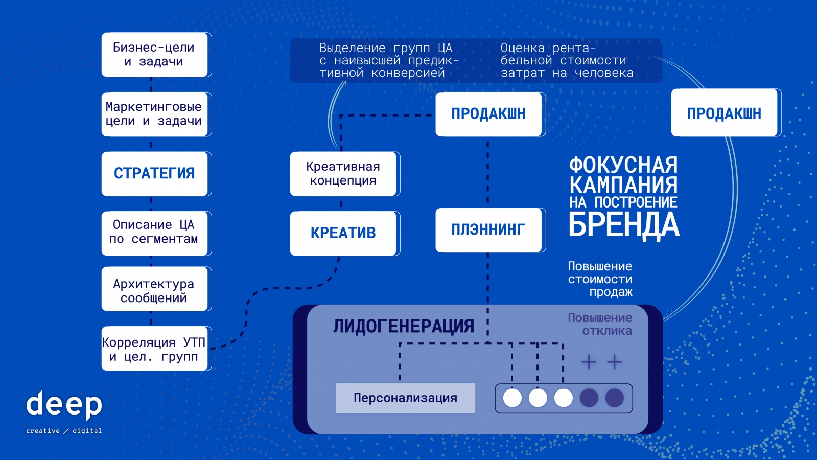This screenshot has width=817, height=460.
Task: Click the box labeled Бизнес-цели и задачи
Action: [x=154, y=55]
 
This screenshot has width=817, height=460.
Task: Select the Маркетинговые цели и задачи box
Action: [x=154, y=114]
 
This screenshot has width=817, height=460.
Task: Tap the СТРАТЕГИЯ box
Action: [x=154, y=174]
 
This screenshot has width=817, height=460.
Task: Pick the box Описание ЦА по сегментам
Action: [x=154, y=233]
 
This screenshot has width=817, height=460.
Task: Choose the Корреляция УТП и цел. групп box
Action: [x=154, y=349]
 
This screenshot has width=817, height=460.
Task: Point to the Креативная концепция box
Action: [x=343, y=174]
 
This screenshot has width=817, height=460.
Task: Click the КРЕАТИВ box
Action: [x=343, y=233]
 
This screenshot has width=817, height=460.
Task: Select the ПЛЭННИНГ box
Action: [x=488, y=230]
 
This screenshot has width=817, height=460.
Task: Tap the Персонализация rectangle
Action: [x=405, y=398]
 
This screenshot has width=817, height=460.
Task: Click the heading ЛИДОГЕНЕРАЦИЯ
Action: [x=404, y=326]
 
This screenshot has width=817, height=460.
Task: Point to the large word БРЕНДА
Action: [x=624, y=225]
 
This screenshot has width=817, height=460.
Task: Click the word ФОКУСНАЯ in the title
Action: [x=623, y=165]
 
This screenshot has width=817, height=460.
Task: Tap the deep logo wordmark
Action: [x=64, y=405]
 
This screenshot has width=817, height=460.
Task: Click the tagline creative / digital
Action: [x=64, y=431]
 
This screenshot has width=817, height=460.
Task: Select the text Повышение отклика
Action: [x=600, y=324]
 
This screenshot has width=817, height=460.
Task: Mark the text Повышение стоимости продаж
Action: [x=600, y=279]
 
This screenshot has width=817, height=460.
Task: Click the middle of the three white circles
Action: [x=538, y=398]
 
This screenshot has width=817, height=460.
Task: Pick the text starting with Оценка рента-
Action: [x=567, y=60]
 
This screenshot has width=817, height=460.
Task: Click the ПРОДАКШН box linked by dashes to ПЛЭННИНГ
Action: [x=488, y=114]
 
